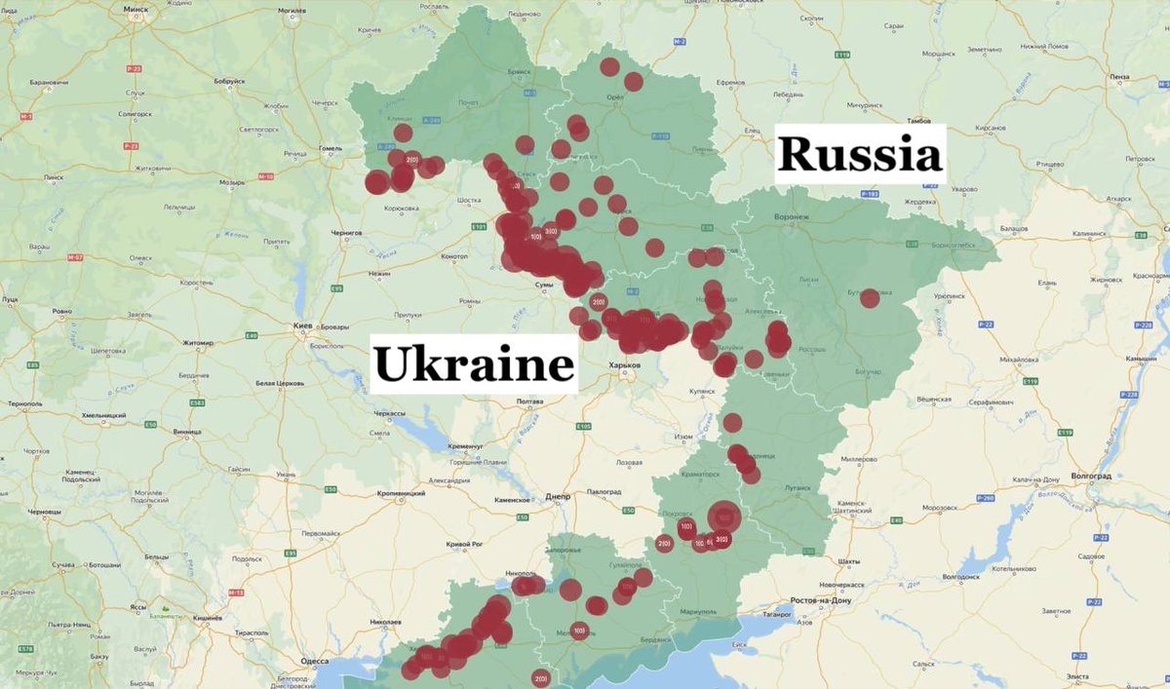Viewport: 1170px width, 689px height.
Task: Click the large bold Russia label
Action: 861,154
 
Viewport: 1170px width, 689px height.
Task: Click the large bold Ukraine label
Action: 474,364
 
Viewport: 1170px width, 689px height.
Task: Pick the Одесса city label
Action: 315,660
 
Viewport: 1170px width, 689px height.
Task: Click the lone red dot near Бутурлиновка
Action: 869,298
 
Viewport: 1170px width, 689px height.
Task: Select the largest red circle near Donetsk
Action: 724,517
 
